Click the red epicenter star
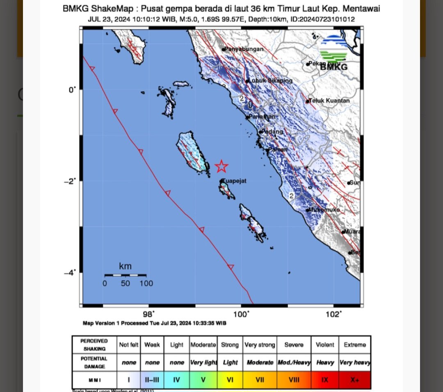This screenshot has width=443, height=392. tap(221, 166)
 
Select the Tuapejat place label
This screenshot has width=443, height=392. tap(235, 181)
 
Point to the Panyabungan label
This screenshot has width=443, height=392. tap(244, 49)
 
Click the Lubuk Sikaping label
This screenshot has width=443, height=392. tap(271, 81)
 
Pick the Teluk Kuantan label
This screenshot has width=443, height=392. tap(329, 100)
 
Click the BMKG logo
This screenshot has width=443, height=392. tap(333, 53)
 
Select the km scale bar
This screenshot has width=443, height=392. tap(125, 275)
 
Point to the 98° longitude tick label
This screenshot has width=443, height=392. tap(148, 314)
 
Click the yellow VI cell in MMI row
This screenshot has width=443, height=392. tap(230, 380)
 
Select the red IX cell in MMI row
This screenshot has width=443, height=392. tap(325, 380)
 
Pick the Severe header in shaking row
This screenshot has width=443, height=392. tap(294, 345)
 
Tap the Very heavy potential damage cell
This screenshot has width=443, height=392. tap(355, 363)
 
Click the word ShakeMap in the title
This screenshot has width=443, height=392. tap(114, 9)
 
